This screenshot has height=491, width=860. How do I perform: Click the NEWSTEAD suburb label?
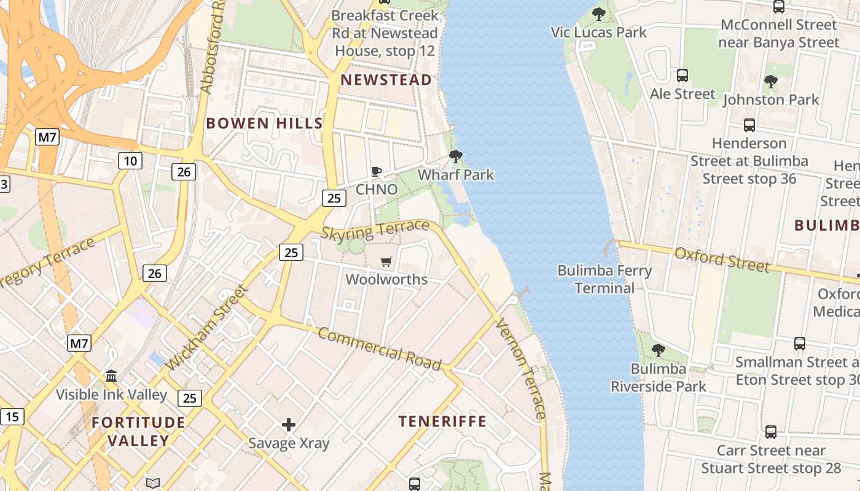(x=386, y=80)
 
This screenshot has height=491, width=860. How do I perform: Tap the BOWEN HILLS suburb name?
(x=264, y=123)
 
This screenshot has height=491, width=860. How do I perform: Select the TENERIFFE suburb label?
(x=442, y=422)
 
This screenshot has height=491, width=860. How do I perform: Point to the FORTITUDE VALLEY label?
(x=139, y=431)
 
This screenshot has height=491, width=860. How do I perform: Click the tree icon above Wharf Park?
(x=455, y=157)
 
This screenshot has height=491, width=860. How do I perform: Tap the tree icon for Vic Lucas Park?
(x=599, y=14)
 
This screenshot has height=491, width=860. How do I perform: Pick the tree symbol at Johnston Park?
(x=770, y=82)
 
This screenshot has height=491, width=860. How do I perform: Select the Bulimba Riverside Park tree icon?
(x=658, y=350)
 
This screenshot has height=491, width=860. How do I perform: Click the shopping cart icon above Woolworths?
(x=386, y=262)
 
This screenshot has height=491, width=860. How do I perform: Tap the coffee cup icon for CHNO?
(x=377, y=172)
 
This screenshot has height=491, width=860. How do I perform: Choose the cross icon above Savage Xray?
(x=289, y=425)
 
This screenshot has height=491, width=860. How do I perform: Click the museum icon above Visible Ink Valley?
(x=111, y=376)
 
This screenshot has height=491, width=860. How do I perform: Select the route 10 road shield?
(x=130, y=161)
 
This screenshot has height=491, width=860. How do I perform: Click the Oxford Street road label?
(x=722, y=260)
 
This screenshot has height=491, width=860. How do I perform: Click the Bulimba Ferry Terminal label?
(x=604, y=279)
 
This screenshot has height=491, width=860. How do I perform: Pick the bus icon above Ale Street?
(x=682, y=75)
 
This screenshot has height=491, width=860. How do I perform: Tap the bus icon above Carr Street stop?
(x=770, y=432)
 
